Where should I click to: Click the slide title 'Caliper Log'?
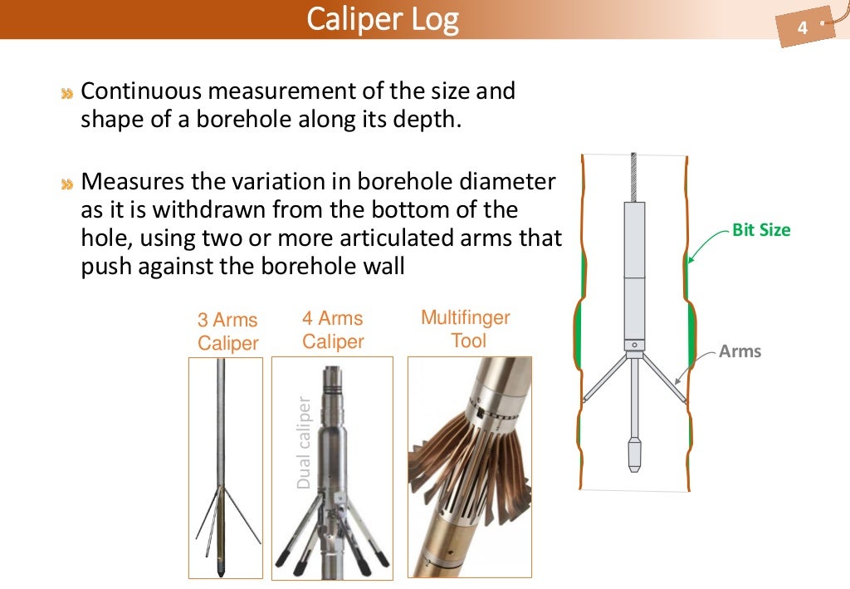tap(382, 18)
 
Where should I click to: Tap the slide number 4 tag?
tap(802, 29)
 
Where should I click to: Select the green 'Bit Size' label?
tap(761, 230)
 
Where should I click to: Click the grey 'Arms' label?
tap(740, 351)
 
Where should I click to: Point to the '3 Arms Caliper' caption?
tap(227, 331)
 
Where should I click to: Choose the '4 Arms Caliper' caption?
tap(333, 330)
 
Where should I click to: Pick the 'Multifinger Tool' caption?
tap(466, 329)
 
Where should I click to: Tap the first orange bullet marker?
tap(66, 93)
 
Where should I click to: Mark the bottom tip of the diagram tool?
tap(634, 468)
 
